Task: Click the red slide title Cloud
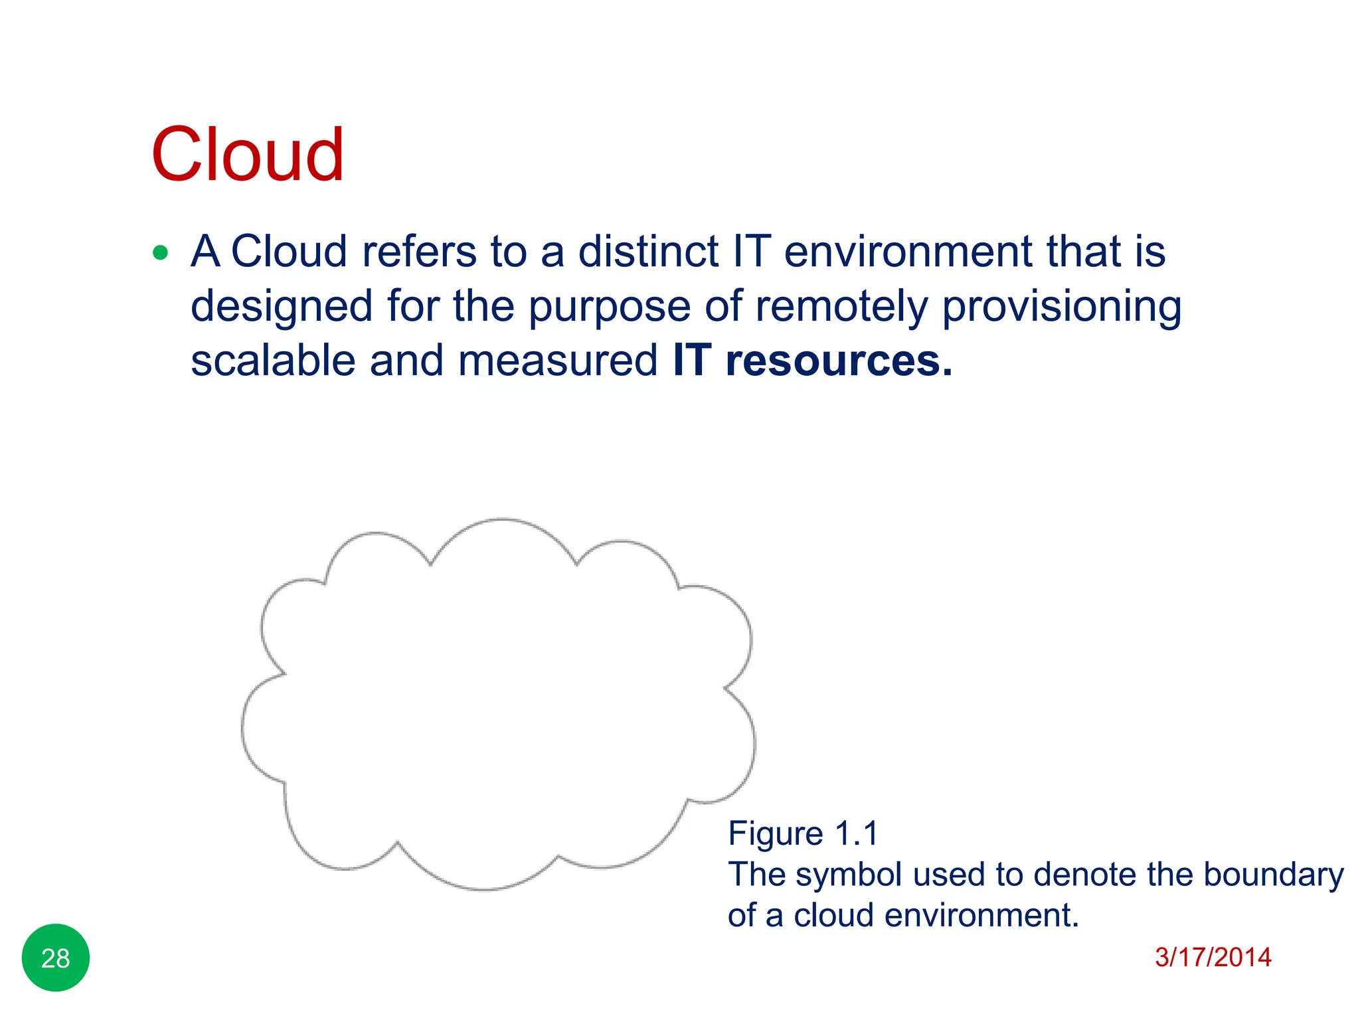click(x=247, y=155)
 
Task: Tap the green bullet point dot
click(x=160, y=253)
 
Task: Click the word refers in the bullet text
click(x=419, y=252)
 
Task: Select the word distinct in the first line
click(x=648, y=252)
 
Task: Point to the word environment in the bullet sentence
click(x=908, y=252)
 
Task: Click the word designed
click(x=282, y=307)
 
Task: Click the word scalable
click(x=273, y=361)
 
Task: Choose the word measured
click(x=557, y=361)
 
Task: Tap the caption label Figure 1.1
click(x=803, y=833)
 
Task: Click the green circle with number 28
click(x=56, y=958)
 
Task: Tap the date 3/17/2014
click(x=1213, y=957)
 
